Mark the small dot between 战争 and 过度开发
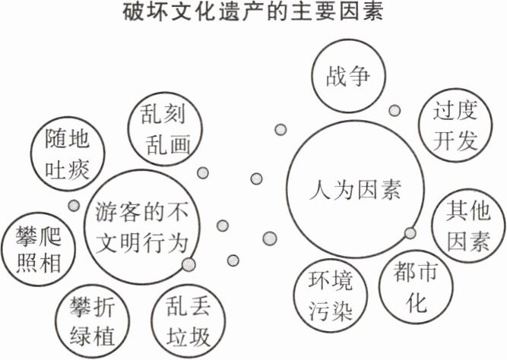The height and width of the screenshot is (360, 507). pyautogui.click(x=395, y=111)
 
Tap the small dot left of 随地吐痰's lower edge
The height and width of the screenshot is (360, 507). pyautogui.click(x=74, y=205)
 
